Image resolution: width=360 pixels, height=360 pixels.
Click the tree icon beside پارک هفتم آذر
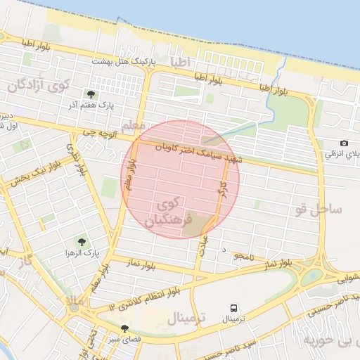click(91, 94)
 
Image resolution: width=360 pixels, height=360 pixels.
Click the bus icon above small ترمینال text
click(233, 308)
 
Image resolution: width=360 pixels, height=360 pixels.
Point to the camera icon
click(343, 143)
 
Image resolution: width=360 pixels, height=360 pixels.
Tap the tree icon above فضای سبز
click(124, 327)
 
